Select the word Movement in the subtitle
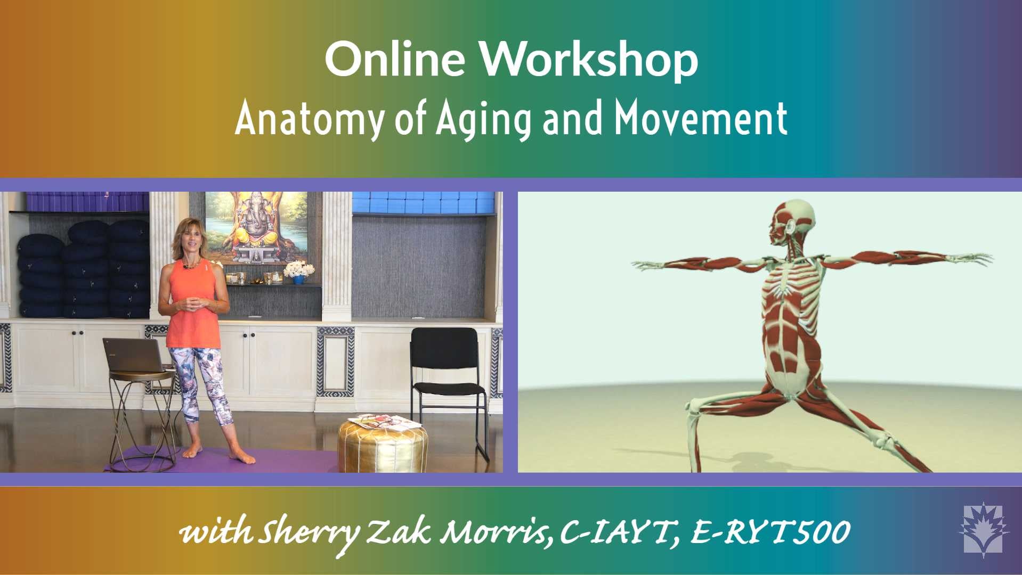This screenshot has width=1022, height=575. coord(701,118)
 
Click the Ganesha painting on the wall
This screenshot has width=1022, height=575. coord(256,228)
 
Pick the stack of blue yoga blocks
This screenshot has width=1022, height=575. coord(424,202)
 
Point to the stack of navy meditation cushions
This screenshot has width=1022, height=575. coord(82,269)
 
